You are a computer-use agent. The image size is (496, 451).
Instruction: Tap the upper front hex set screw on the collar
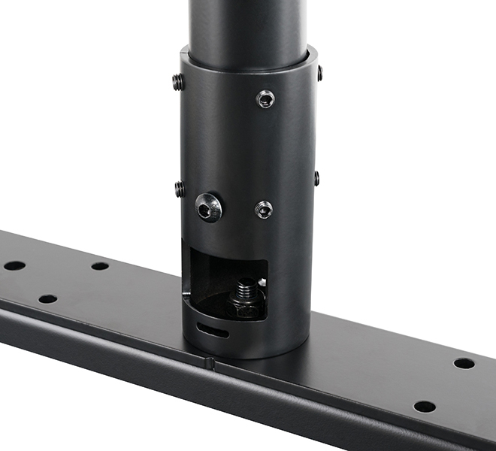tap(265, 98)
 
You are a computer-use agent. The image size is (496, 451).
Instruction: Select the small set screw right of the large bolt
tap(264, 210)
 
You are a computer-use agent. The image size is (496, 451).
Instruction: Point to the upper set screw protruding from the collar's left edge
tap(178, 82)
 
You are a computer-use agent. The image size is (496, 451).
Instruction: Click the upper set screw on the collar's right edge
tap(319, 73)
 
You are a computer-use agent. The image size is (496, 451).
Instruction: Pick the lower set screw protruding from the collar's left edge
tap(180, 189)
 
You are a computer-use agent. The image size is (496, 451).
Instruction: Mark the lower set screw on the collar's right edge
tap(316, 178)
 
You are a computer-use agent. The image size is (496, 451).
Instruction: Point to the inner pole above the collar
tap(248, 26)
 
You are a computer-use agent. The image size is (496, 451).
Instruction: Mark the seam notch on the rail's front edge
tap(210, 363)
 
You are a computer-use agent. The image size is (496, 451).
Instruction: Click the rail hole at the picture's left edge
tap(14, 265)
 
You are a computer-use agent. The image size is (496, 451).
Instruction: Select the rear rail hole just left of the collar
tap(100, 266)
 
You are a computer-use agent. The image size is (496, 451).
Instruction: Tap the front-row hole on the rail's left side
tap(47, 298)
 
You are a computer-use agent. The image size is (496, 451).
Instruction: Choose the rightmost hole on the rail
tap(464, 363)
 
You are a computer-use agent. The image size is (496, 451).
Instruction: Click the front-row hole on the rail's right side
tap(425, 407)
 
